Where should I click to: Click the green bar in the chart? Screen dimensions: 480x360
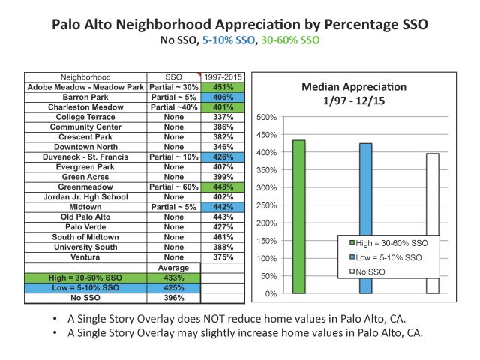point(298,217)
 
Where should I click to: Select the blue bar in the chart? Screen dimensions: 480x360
point(366,218)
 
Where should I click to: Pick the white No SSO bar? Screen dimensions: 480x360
point(433,223)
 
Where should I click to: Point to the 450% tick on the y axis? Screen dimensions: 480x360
point(267,135)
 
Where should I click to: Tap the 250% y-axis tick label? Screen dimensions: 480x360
point(267,205)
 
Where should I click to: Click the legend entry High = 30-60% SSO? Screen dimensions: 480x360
point(388,243)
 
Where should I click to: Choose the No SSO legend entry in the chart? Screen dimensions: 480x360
point(367,271)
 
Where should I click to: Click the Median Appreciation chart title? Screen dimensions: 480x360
point(354,94)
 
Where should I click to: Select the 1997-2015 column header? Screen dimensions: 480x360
point(223,77)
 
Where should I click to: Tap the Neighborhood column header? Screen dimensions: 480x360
point(85,77)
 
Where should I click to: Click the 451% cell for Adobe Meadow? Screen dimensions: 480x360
point(223,87)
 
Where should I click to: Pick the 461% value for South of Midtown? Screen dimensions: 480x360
point(223,237)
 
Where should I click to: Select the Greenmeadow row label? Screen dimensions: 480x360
point(85,187)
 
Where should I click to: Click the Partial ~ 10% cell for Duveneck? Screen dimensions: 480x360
point(174,157)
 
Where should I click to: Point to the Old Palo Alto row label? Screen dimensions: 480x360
point(85,217)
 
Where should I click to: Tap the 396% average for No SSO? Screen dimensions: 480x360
point(174,298)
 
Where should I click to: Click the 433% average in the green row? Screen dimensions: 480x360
point(174,277)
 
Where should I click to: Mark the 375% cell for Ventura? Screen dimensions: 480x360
point(223,257)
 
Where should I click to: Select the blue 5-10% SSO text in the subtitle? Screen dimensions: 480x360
point(229,40)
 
